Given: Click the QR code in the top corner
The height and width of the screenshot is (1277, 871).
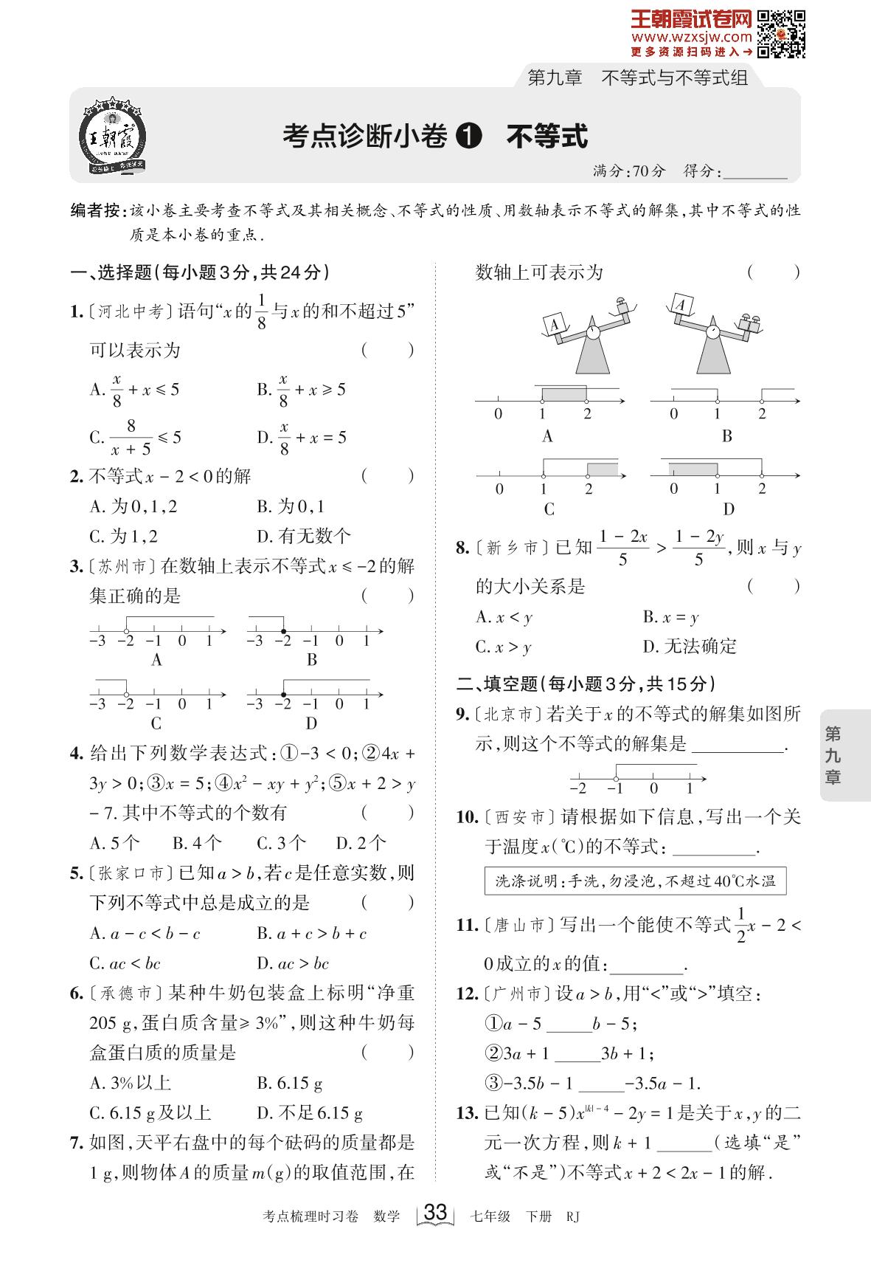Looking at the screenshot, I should click(x=782, y=33).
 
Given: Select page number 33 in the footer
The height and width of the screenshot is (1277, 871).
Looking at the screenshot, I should click(x=436, y=1212).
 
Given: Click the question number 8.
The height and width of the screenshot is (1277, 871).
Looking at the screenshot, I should click(x=462, y=548).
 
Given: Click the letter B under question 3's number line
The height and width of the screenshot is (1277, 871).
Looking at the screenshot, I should click(x=312, y=660).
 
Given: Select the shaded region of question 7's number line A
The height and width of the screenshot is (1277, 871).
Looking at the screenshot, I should click(x=564, y=393).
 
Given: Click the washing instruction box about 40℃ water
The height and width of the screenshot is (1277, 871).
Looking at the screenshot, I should click(x=635, y=881).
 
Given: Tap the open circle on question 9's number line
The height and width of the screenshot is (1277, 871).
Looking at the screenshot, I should click(x=617, y=778).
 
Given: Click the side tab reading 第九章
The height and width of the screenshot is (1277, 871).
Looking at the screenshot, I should click(x=833, y=755).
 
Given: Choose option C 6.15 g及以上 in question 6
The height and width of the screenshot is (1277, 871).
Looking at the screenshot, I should click(x=150, y=1112).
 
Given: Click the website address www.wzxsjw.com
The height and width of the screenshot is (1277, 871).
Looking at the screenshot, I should click(x=691, y=37).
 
